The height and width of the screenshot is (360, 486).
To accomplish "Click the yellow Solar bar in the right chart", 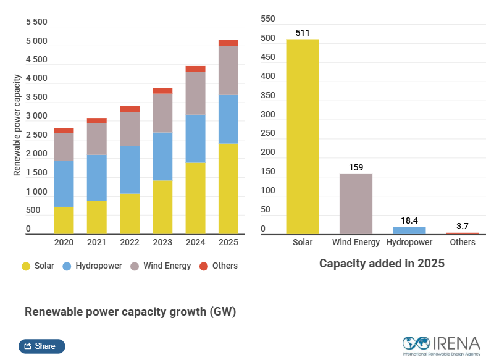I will click(x=303, y=136).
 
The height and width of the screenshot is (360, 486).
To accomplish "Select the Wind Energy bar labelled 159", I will click(x=356, y=203).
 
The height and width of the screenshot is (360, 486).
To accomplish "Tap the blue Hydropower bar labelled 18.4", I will click(x=409, y=230).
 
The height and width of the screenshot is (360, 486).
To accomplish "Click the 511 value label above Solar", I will click(x=303, y=33).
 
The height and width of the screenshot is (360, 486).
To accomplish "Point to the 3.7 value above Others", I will click(x=463, y=227).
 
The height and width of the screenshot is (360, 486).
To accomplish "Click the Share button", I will click(x=41, y=346).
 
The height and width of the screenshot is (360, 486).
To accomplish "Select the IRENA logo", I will click(x=441, y=345).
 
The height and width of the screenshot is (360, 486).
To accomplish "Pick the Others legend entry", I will click(x=219, y=266).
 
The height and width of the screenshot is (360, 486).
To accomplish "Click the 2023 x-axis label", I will click(x=162, y=243).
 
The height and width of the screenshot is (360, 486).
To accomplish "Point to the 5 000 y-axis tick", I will click(x=36, y=41).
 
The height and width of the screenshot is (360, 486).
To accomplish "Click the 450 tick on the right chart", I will click(x=267, y=57).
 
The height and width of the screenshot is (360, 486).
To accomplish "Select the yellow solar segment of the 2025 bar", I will click(x=228, y=188).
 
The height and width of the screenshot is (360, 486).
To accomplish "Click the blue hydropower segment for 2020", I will click(x=64, y=183).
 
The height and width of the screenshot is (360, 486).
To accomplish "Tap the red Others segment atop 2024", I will click(x=195, y=69).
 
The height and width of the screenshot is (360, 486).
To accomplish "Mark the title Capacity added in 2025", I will click(x=382, y=264).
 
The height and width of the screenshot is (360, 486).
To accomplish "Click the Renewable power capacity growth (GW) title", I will click(x=130, y=312).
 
